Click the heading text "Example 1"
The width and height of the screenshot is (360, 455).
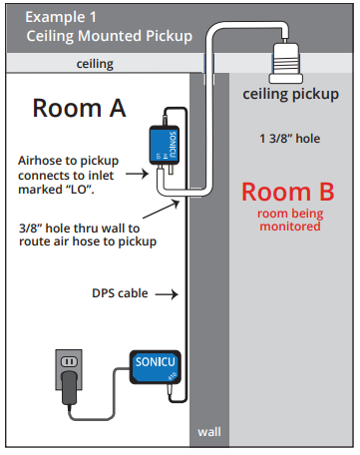[63, 17]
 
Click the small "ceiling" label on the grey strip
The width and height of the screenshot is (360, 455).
[95, 63]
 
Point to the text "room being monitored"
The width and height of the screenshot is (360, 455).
[290, 220]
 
